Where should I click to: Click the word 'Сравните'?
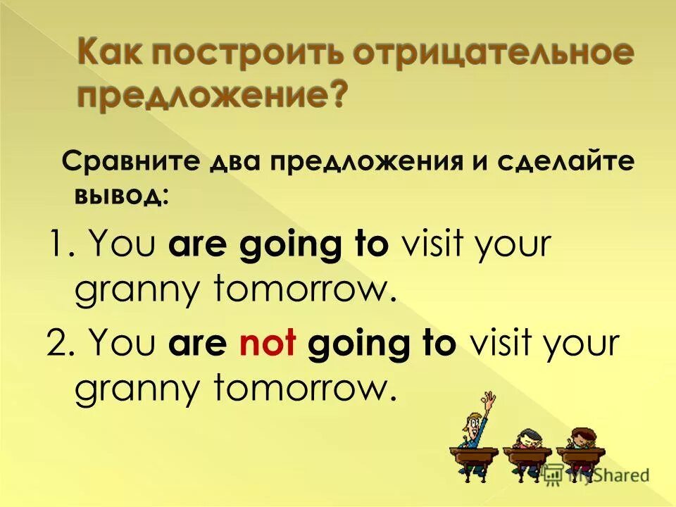127,163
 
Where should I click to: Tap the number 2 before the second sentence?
56,345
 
